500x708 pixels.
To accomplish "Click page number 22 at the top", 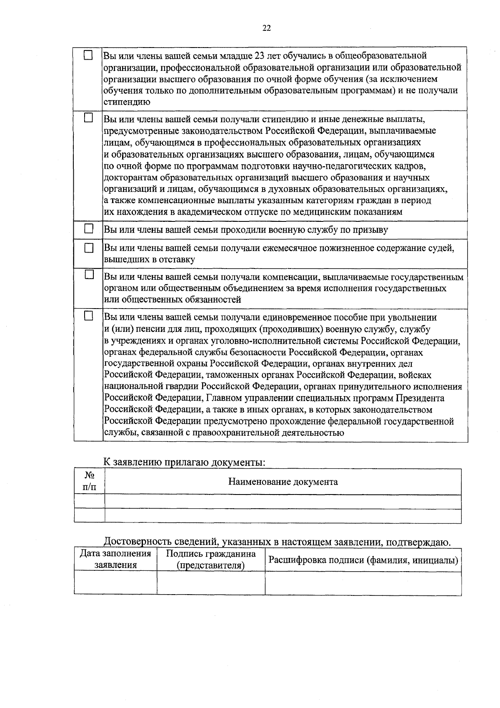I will click(267, 28).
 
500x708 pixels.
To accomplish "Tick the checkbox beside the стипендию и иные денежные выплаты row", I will click(88, 118).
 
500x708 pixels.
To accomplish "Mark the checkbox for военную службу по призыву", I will click(88, 228).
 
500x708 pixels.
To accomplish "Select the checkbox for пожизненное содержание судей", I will click(88, 248).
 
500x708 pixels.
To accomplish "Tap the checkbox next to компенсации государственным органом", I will click(88, 275).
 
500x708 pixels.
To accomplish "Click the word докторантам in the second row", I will click(130, 178).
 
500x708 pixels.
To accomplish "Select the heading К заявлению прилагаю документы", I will click(184, 462).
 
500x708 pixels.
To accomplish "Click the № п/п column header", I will click(89, 481).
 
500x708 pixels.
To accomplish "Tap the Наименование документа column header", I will click(283, 482).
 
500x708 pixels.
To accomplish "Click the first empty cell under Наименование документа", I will click(283, 502).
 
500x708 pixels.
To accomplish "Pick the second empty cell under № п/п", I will click(89, 516).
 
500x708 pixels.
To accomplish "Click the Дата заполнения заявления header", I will click(115, 559).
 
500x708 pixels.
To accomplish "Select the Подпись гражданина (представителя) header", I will click(211, 559).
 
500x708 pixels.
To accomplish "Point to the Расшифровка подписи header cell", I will click(363, 560).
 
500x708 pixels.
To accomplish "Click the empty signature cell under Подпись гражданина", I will click(211, 582).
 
